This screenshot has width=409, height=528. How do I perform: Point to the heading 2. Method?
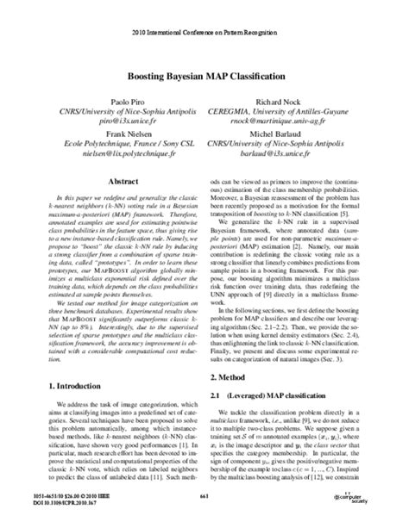point(237,354)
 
